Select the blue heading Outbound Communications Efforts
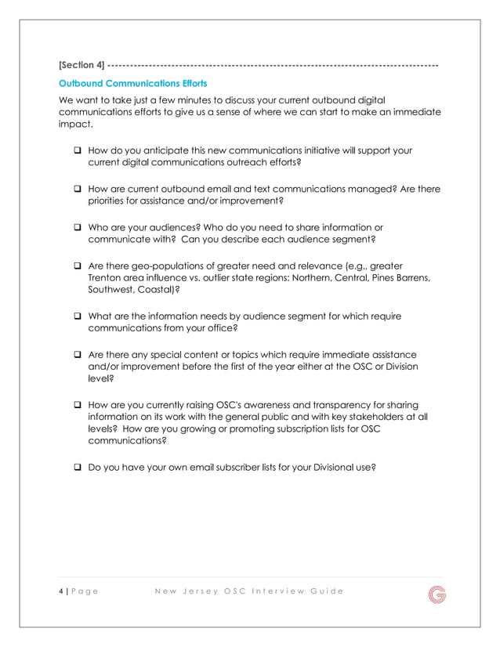129,82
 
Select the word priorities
110,201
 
